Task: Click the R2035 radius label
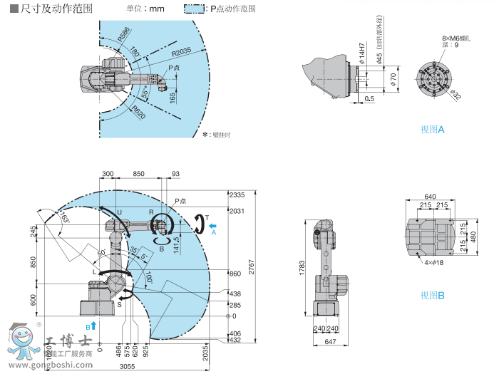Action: click(x=180, y=52)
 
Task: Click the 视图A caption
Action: click(x=432, y=130)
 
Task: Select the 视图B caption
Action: click(x=432, y=295)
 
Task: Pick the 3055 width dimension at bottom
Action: click(x=126, y=365)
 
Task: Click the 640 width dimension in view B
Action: click(x=430, y=197)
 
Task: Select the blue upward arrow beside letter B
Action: click(x=93, y=324)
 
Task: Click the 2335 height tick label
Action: click(x=237, y=194)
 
